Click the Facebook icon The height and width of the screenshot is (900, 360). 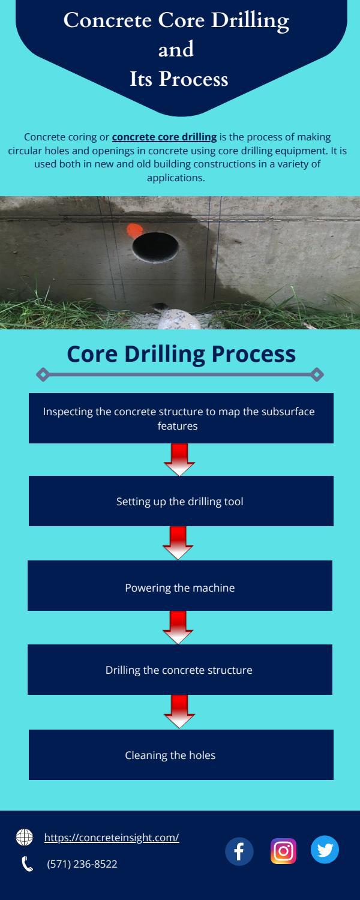coord(239,851)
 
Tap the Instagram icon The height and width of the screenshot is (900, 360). coord(283,851)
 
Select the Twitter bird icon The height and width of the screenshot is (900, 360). coord(325,850)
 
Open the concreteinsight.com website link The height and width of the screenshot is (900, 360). coord(112,838)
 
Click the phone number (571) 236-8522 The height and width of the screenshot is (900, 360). coord(82,864)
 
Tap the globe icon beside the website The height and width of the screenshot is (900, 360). coord(25,837)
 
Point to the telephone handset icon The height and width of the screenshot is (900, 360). coord(27,864)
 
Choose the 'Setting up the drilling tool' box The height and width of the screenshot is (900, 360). coord(181,501)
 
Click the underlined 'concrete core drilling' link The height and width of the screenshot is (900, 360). coord(164,137)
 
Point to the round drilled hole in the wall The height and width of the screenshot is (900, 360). coord(155,247)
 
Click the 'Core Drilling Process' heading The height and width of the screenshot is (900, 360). coord(181,353)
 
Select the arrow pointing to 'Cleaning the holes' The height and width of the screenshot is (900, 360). coord(179,711)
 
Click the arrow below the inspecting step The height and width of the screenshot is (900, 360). coord(179,459)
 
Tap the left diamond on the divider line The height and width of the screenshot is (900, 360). coord(42,375)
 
